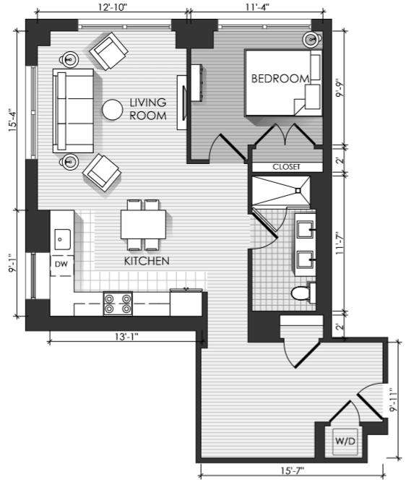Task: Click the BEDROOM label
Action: (x=280, y=79)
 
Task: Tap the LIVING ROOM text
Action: (x=148, y=109)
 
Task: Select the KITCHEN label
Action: (x=147, y=261)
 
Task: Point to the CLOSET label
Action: (x=286, y=167)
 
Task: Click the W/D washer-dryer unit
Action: (x=345, y=442)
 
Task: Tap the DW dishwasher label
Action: (x=61, y=264)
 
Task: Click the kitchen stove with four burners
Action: (x=118, y=304)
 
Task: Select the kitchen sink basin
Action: (x=62, y=239)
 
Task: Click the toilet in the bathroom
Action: (x=303, y=293)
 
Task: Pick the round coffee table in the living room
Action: (x=113, y=109)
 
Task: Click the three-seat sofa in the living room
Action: (x=73, y=111)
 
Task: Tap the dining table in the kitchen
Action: (x=143, y=225)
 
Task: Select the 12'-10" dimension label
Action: (x=113, y=7)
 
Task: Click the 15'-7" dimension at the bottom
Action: (x=292, y=471)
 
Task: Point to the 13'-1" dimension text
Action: (x=126, y=337)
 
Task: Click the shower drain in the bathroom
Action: (x=298, y=191)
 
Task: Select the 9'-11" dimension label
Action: (x=393, y=400)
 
